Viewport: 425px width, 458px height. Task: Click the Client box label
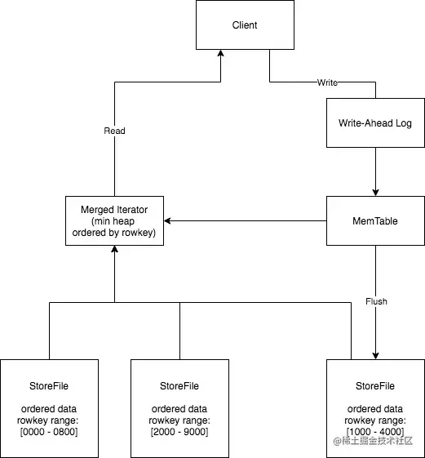[x=245, y=25]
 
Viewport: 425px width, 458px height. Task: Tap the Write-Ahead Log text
[x=375, y=123]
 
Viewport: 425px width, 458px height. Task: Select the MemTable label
[x=375, y=220]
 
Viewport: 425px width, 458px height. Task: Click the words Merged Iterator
[x=114, y=210]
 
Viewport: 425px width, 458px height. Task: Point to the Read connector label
[x=114, y=131]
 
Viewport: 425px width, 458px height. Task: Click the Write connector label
[x=327, y=82]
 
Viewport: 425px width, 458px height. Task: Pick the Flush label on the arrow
[x=376, y=301]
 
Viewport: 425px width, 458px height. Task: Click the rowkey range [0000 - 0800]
[x=49, y=432]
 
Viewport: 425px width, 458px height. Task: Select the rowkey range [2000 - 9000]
[x=179, y=432]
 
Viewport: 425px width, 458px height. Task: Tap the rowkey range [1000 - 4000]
[x=375, y=432]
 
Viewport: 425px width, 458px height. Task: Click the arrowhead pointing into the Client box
[x=221, y=53]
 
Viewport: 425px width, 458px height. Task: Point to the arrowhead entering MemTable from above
[x=376, y=193]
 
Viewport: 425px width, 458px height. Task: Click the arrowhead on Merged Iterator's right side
[x=167, y=220]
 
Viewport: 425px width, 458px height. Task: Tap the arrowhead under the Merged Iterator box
[x=114, y=249]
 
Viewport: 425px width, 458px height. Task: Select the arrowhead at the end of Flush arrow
[x=376, y=356]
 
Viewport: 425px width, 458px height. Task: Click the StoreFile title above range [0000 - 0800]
[x=49, y=386]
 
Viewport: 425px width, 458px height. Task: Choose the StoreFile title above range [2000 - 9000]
[x=179, y=386]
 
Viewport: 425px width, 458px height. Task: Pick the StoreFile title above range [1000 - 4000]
[x=375, y=386]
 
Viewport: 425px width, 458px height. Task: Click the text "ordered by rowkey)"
[x=114, y=233]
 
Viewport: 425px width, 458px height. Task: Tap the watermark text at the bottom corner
[x=374, y=441]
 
